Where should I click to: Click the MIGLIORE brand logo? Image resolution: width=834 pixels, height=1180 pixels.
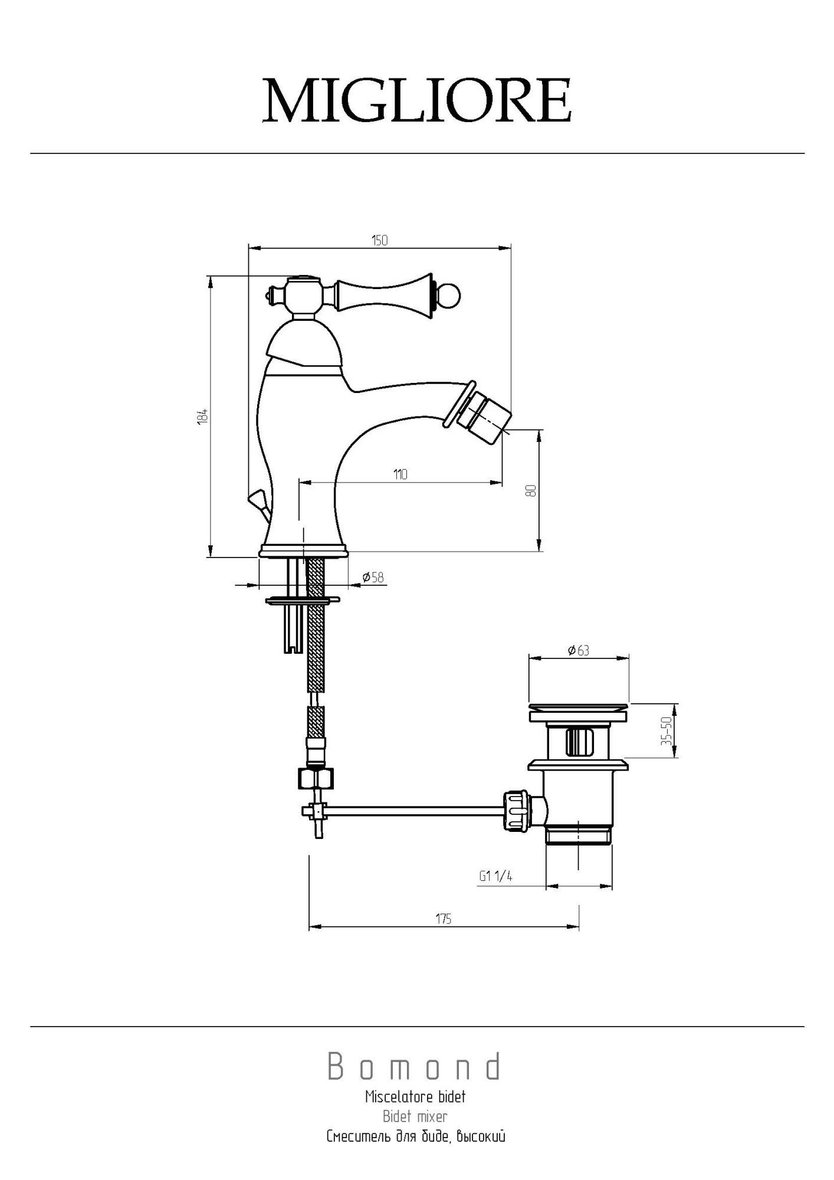pos(416,100)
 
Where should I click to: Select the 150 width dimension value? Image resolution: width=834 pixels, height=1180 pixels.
pos(380,240)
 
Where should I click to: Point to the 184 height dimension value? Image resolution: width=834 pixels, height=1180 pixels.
pos(202,416)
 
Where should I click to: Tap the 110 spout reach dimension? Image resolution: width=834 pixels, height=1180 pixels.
pos(400,474)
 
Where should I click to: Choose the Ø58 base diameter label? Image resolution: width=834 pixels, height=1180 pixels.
pos(373,577)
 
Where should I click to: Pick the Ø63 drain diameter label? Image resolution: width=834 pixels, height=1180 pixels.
pos(579,650)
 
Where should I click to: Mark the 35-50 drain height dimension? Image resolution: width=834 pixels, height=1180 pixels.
pos(666,730)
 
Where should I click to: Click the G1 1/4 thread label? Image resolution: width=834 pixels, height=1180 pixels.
pos(495,876)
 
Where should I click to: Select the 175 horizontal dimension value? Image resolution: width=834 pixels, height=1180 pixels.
pos(444,919)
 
